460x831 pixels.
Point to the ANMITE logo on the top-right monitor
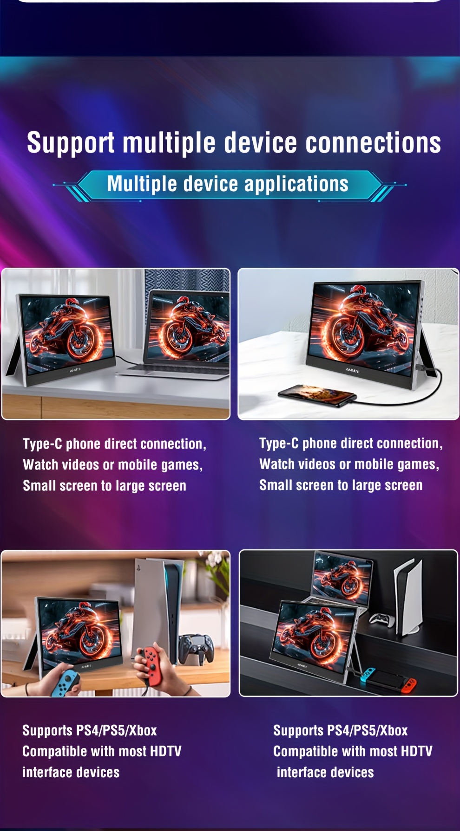point(352,370)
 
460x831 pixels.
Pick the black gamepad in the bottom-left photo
point(197,648)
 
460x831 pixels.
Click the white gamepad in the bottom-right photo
point(380,619)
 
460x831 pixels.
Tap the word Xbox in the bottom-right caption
point(394,730)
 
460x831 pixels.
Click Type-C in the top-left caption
point(42,444)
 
